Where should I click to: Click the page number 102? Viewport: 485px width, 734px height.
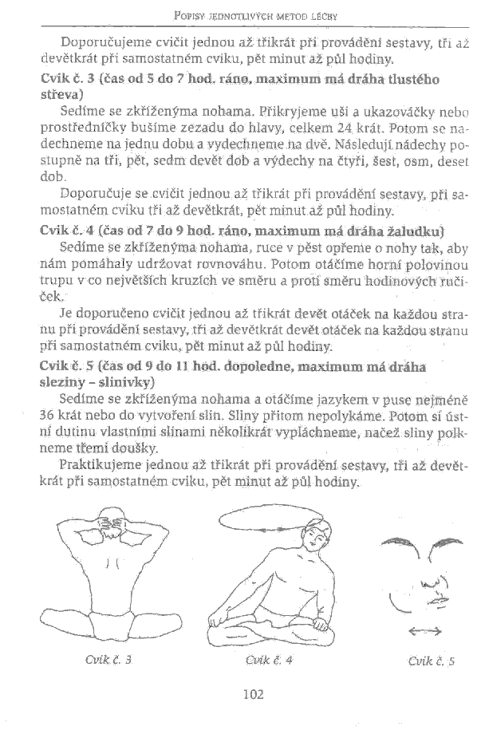pos(253,693)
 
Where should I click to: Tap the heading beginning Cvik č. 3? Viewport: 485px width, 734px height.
pos(231,80)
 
